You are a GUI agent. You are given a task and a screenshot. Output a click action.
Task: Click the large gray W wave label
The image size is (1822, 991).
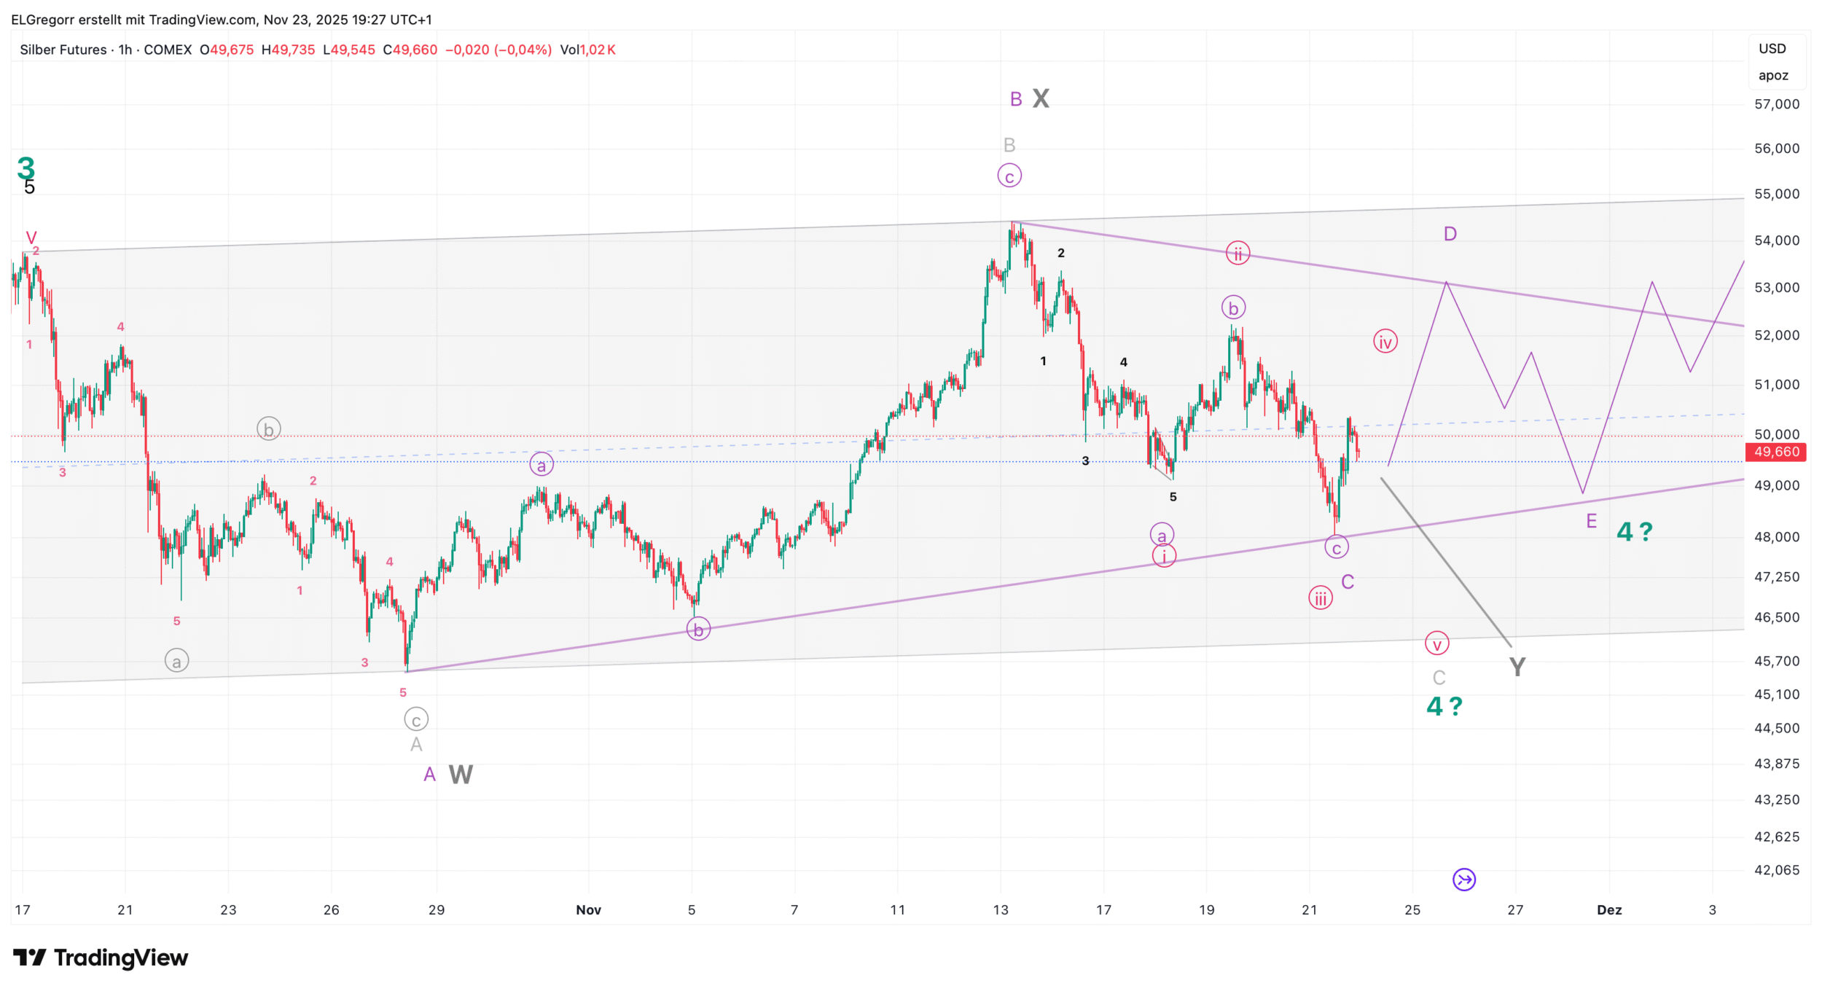[x=461, y=775]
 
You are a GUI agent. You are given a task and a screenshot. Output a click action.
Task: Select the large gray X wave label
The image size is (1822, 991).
[x=1041, y=98]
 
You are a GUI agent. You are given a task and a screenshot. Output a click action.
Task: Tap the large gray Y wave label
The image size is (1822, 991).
[x=1517, y=667]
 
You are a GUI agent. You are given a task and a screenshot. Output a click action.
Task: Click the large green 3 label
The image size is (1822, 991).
[x=26, y=168]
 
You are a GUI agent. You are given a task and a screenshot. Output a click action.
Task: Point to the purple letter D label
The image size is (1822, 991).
[x=1450, y=234]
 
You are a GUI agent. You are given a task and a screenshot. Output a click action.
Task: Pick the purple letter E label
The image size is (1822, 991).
[x=1591, y=521]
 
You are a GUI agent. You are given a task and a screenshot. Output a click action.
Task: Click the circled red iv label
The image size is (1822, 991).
[x=1385, y=342]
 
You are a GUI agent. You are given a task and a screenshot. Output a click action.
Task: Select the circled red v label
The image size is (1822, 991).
[x=1436, y=644]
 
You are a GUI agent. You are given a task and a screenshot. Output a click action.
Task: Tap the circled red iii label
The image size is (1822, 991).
[x=1320, y=599]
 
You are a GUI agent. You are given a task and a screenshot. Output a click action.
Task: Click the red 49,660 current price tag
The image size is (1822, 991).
[x=1776, y=452]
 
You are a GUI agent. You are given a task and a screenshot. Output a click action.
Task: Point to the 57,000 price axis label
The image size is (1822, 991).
[x=1776, y=104]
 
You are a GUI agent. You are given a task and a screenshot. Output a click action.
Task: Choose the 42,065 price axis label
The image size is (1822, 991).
[x=1776, y=870]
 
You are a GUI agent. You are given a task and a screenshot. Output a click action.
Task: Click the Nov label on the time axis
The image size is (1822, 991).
[x=588, y=910]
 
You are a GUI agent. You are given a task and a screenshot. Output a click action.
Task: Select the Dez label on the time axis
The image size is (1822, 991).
[x=1609, y=910]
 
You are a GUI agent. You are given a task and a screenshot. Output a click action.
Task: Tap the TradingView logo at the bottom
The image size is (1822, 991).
[x=101, y=957]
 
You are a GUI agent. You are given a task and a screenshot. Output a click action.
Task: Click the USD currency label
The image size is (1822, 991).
[x=1772, y=49]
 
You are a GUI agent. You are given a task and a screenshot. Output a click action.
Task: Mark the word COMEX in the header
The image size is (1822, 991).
[x=168, y=50]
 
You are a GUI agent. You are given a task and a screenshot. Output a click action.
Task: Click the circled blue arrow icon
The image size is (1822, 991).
[x=1464, y=880]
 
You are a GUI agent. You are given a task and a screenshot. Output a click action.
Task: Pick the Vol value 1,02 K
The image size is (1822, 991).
[x=598, y=50]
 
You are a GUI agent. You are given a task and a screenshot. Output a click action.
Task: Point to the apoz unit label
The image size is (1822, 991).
[x=1773, y=76]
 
